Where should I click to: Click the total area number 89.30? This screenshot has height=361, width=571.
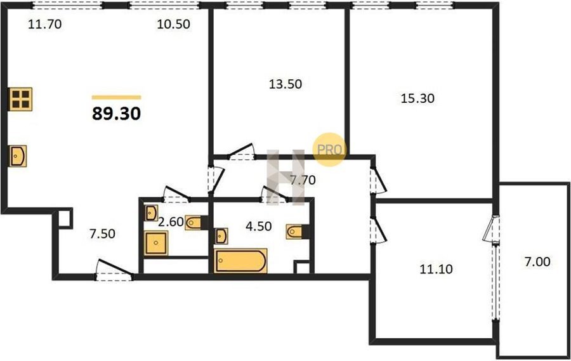[116, 114]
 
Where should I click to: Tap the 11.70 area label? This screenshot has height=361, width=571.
[45, 24]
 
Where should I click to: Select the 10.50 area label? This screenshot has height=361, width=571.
[173, 24]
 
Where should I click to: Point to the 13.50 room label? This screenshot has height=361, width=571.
[285, 84]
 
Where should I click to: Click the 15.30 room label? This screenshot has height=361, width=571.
[417, 98]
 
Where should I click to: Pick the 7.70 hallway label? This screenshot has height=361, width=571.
[302, 180]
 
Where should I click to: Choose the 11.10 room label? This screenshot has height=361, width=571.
[436, 269]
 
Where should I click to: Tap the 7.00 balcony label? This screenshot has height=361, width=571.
[537, 261]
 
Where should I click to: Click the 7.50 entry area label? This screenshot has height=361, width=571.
[102, 234]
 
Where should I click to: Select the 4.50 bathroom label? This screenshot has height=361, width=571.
[259, 226]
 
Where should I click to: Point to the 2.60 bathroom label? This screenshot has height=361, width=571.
[171, 221]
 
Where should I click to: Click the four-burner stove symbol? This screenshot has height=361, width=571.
[20, 99]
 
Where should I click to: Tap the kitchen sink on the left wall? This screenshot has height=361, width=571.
[18, 156]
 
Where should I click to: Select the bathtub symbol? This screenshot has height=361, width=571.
[240, 261]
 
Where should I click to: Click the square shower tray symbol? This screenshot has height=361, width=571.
[156, 243]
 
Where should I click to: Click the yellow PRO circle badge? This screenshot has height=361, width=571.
[329, 149]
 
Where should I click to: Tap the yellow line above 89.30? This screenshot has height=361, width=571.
[116, 97]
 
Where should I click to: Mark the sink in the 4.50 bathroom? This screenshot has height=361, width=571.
[221, 235]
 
